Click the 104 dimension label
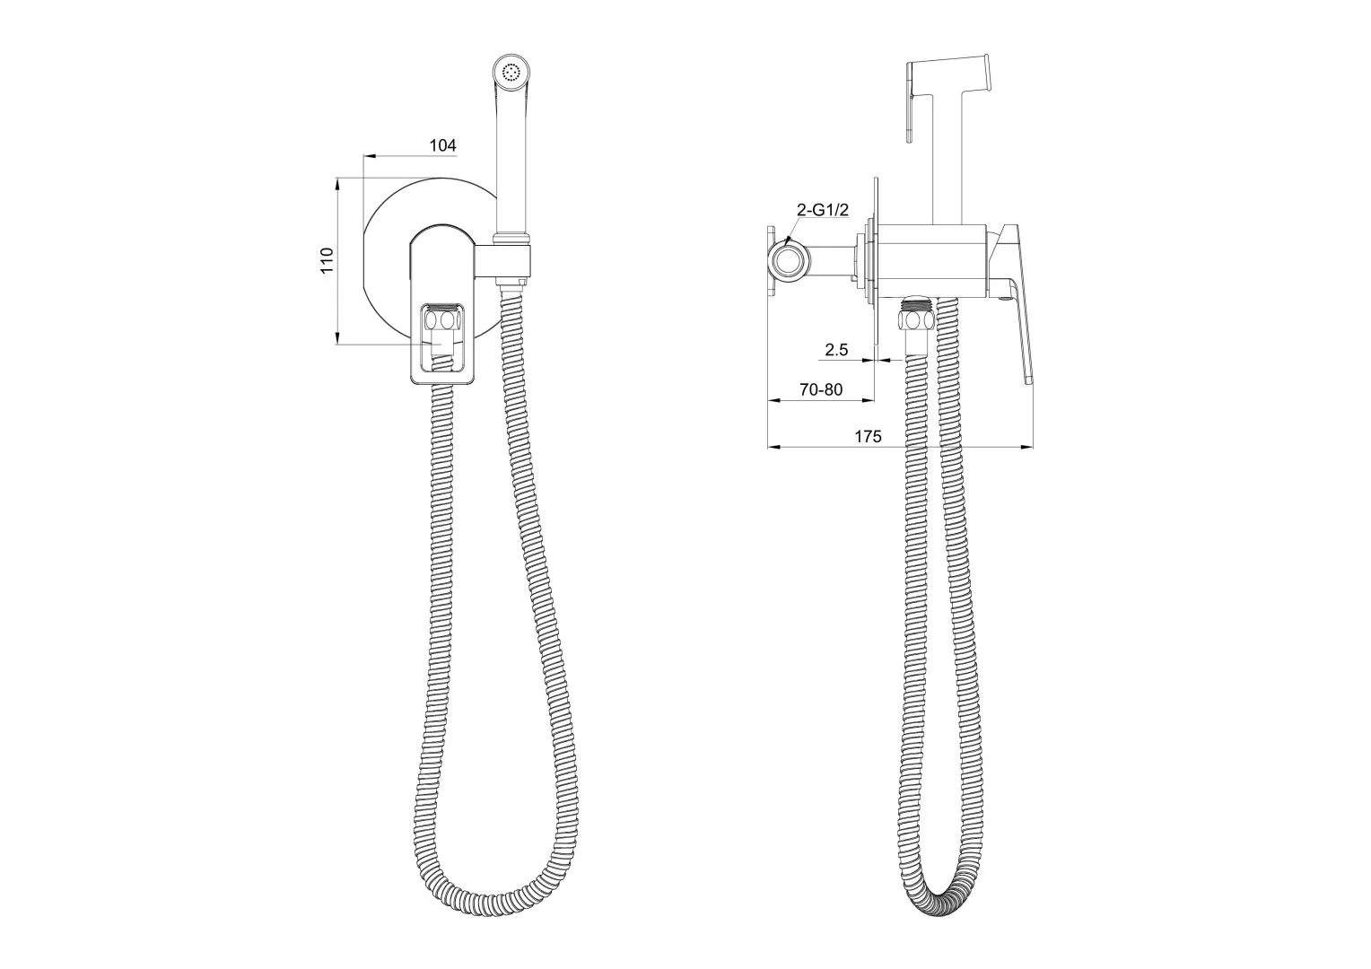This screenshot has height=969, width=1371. (x=442, y=145)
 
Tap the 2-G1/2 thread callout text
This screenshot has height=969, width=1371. (x=823, y=210)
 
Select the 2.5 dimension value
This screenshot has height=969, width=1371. (x=836, y=350)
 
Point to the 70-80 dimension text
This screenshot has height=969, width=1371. (x=821, y=389)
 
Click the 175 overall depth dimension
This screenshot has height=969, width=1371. (x=868, y=436)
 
